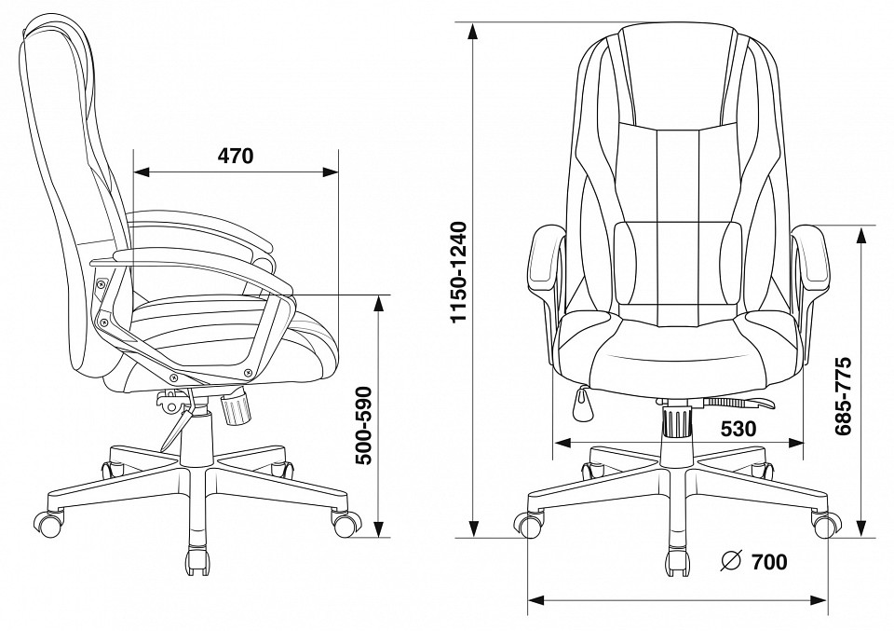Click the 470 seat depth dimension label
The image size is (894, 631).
point(235,155)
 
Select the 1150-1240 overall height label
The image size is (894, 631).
point(458,272)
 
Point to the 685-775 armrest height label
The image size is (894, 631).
point(843,396)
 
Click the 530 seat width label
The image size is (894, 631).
point(738,429)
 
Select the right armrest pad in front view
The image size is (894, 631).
point(812,260)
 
